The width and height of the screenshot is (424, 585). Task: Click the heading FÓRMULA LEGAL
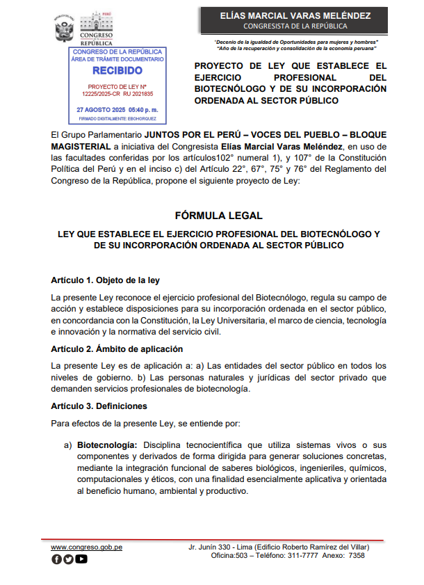coord(213,216)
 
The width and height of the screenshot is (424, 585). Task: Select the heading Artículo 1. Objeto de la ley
coord(106,280)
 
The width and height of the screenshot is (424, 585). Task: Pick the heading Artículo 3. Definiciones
coord(99,406)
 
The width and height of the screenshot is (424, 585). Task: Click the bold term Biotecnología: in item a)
coord(107,444)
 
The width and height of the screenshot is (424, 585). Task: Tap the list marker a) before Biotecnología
coord(68,444)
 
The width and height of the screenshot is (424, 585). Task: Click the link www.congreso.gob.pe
coord(87,547)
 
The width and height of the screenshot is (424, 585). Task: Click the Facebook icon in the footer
coord(57,559)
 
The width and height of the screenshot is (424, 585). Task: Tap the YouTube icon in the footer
coord(81,559)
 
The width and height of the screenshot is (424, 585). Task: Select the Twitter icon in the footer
coord(68,559)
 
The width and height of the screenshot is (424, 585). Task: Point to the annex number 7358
coord(356,556)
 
